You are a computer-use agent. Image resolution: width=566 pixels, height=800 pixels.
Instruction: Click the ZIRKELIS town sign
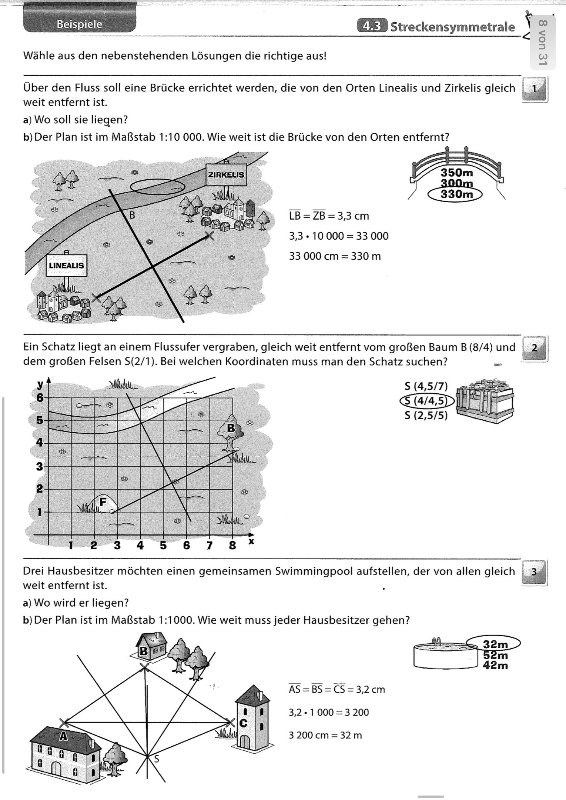[226, 174]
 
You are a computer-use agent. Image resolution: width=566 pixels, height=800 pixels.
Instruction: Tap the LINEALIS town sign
[66, 266]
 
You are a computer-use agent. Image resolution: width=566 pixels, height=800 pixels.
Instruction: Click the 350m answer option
[457, 172]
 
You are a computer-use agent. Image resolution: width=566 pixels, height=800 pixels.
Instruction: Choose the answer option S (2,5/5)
[426, 416]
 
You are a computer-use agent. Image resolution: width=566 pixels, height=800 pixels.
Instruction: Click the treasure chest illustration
[486, 401]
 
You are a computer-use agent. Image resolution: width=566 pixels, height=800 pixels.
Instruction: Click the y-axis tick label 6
[40, 398]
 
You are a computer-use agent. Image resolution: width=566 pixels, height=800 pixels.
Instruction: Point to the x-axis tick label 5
[163, 545]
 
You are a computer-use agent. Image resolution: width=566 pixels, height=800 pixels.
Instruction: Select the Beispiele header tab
[80, 25]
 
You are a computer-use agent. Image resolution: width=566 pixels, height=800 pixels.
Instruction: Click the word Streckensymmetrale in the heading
[452, 27]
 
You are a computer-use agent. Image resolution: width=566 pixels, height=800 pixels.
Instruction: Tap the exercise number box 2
[534, 348]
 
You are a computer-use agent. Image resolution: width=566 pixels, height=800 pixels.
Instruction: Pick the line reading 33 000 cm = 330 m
[335, 256]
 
